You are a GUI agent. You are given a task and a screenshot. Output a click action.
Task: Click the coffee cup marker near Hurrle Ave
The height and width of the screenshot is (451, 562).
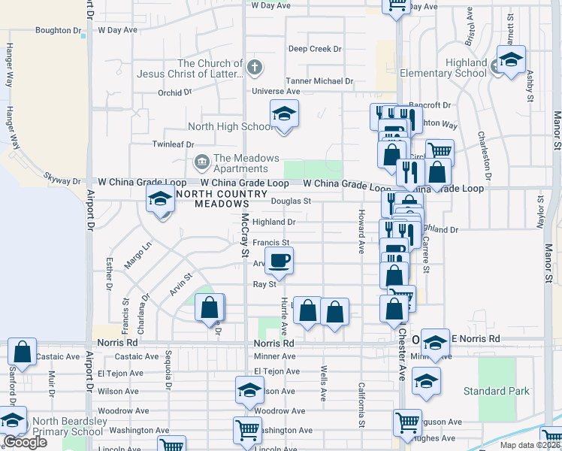pos(279,261)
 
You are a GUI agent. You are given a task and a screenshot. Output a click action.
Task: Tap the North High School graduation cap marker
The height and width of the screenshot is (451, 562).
pos(285,114)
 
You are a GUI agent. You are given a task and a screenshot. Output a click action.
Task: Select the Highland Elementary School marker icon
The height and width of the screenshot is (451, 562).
pos(511,60)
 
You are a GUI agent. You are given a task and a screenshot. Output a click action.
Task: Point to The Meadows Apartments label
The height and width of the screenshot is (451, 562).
pos(237,163)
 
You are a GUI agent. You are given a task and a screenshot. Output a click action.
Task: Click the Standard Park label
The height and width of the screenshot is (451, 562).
pos(496,391)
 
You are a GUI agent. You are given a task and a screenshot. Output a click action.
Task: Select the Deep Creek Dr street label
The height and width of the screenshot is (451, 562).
pos(315,49)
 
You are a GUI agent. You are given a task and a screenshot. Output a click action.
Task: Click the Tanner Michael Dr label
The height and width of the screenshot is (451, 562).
pos(319,81)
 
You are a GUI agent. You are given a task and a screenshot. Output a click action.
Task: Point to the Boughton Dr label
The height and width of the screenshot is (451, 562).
pos(58,31)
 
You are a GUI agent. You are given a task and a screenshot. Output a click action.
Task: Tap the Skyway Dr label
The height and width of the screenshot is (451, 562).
pos(62,181)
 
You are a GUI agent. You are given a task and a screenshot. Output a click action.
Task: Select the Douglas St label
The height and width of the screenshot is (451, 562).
pos(291,201)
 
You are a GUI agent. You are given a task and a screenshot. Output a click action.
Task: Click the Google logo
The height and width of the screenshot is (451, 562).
pos(25,442)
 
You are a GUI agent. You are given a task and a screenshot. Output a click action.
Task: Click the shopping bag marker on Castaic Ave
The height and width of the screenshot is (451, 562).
pos(23,352)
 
